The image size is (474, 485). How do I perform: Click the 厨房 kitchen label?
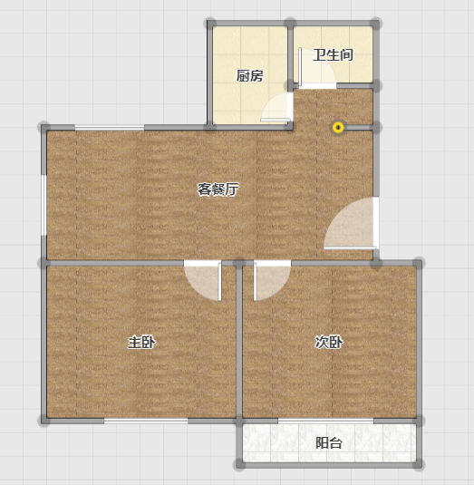click(x=249, y=76)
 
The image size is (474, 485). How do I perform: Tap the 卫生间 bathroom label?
click(x=333, y=55)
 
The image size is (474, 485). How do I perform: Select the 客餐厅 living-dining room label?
click(x=218, y=189)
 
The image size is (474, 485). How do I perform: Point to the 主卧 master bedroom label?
click(x=141, y=342)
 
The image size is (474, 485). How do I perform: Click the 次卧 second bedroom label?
click(x=329, y=342)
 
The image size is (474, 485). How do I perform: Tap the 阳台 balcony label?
click(x=329, y=443)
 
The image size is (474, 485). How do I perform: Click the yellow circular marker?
click(x=338, y=128)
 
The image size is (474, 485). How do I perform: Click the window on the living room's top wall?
click(x=110, y=128)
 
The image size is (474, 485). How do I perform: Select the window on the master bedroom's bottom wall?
click(x=146, y=421)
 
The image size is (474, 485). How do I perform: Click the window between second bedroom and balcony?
click(x=325, y=421)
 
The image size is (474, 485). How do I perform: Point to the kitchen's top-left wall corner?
click(x=210, y=24)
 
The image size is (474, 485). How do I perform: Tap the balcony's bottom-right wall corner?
click(x=418, y=464)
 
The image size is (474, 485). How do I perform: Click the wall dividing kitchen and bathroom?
click(x=290, y=53)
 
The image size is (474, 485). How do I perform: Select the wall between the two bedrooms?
click(x=239, y=342)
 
